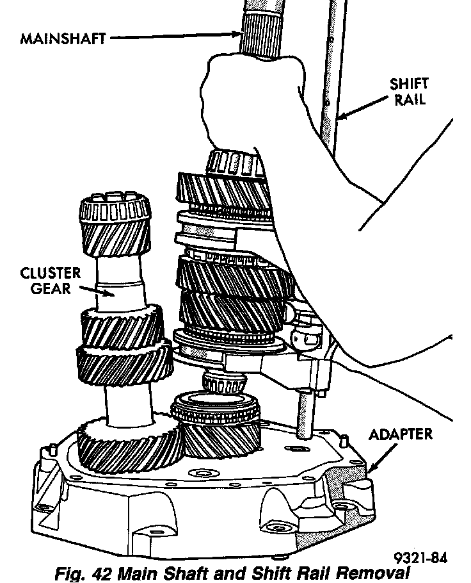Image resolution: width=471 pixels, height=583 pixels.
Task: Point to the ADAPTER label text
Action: [x=401, y=435]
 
